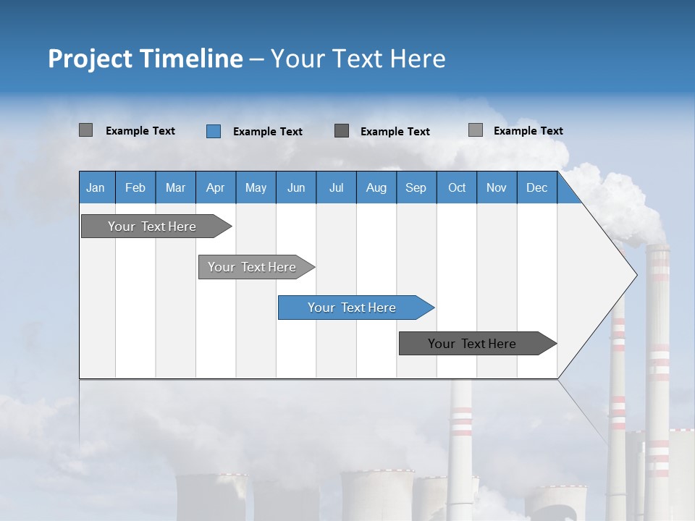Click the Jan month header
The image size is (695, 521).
tap(96, 187)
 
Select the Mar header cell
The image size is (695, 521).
tap(175, 187)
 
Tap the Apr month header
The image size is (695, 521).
tap(215, 187)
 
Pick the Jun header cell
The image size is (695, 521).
tap(296, 187)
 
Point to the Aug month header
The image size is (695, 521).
tap(376, 187)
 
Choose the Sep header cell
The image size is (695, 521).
tap(416, 187)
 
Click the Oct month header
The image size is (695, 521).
tap(457, 187)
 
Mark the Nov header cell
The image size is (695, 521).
tap(497, 187)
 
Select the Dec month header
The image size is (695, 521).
tap(536, 187)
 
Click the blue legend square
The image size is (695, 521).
tap(214, 131)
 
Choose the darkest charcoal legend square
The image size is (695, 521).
tap(342, 131)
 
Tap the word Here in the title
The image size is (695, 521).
tap(418, 59)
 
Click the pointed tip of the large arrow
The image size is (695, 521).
tap(636, 275)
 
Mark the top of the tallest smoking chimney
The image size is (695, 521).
tap(658, 247)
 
